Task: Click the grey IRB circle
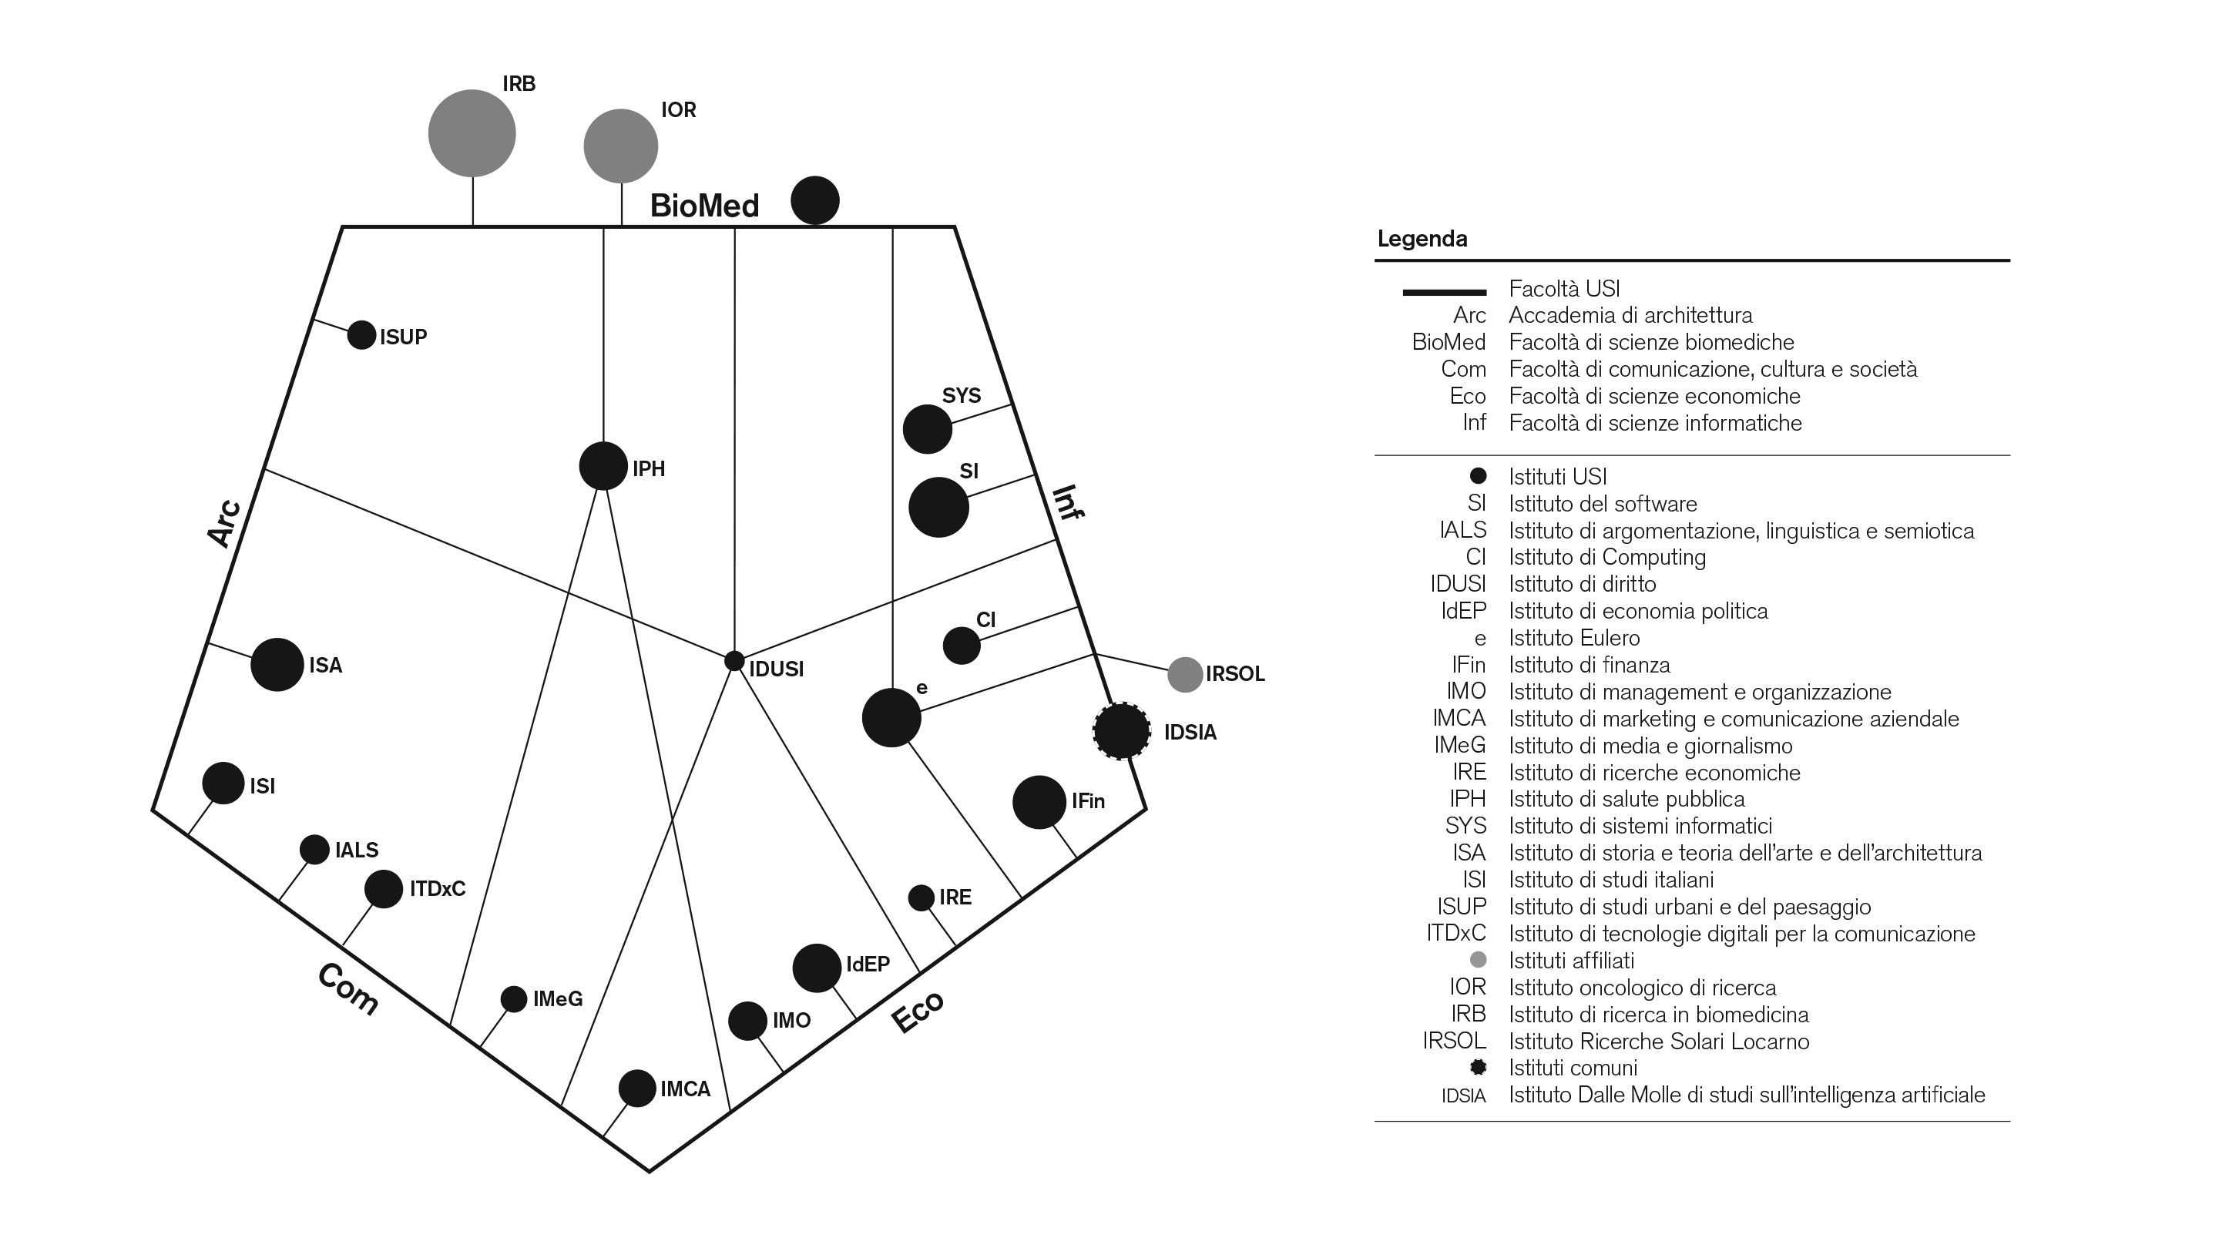pos(472,133)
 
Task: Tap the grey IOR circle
pos(620,146)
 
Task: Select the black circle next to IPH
pos(603,466)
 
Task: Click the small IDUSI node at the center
pos(734,661)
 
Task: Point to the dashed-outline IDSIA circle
pos(1122,731)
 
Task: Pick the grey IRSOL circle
pos(1184,674)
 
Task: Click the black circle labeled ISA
pos(277,664)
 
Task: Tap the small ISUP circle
pos(361,335)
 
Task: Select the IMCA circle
pos(636,1089)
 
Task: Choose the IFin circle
pos(1039,802)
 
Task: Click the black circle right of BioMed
pos(815,200)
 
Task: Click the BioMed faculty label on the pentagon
pos(703,206)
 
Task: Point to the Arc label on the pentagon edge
pos(223,523)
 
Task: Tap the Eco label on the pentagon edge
pos(918,1012)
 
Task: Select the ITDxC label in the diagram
pos(437,889)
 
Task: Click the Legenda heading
pos(1422,239)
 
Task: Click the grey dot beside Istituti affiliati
pos(1479,959)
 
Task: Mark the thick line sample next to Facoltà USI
pos(1445,292)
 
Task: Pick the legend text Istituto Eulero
pos(1574,638)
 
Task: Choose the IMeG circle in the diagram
pos(513,999)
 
